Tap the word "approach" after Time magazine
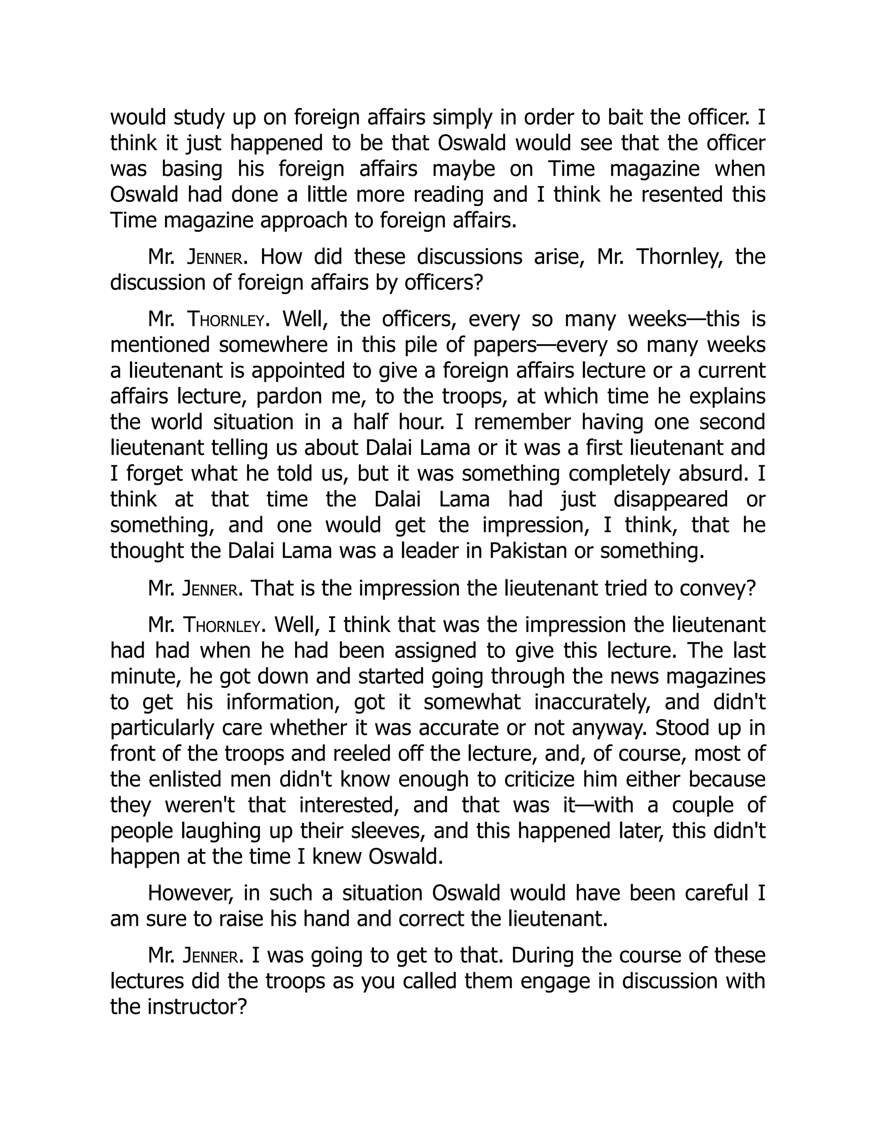pyautogui.click(x=304, y=221)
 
